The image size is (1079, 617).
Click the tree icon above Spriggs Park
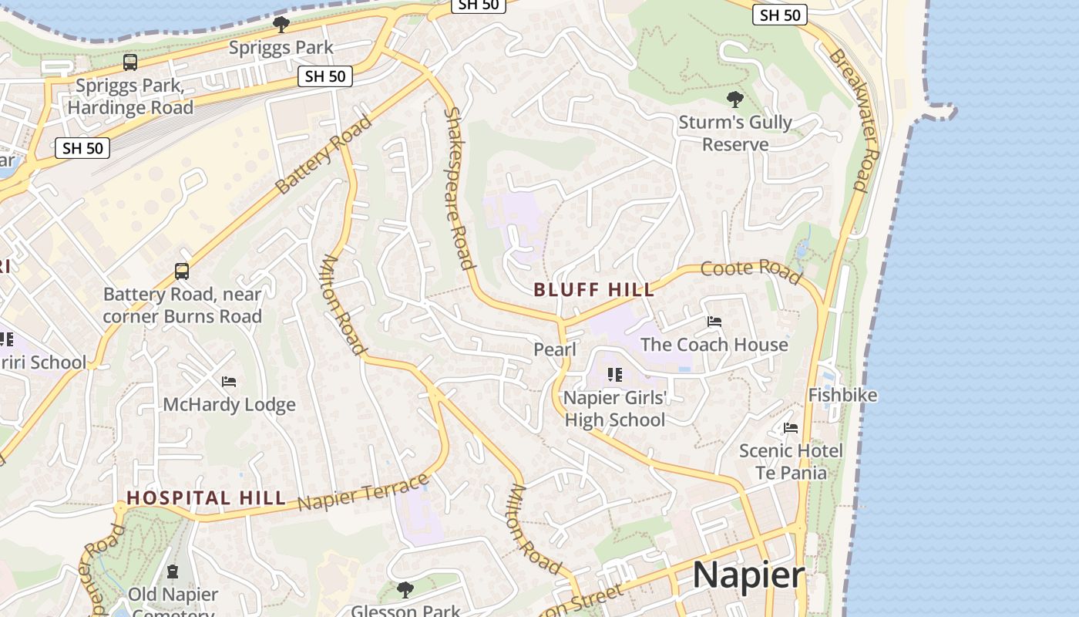(x=281, y=24)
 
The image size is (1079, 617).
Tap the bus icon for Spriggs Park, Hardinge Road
(x=130, y=62)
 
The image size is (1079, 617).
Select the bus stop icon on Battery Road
(x=182, y=271)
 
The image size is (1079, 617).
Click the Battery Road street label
(x=323, y=154)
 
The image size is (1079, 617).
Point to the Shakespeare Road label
(x=459, y=188)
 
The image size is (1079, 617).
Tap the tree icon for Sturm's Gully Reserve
(x=734, y=99)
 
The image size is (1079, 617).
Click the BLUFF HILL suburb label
(x=594, y=290)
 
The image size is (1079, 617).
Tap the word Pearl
(x=555, y=349)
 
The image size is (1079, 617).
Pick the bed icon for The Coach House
(x=714, y=322)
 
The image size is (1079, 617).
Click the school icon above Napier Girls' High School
(x=614, y=375)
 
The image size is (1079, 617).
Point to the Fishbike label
(x=842, y=395)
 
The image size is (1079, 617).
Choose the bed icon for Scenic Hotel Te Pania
(x=791, y=428)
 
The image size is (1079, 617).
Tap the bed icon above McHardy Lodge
(x=229, y=382)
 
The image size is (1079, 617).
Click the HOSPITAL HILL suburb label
(x=206, y=498)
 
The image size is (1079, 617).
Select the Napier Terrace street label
(x=363, y=493)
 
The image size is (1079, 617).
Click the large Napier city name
(x=748, y=575)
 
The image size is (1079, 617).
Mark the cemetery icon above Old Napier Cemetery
(x=173, y=572)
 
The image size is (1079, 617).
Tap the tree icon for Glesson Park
(x=405, y=591)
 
